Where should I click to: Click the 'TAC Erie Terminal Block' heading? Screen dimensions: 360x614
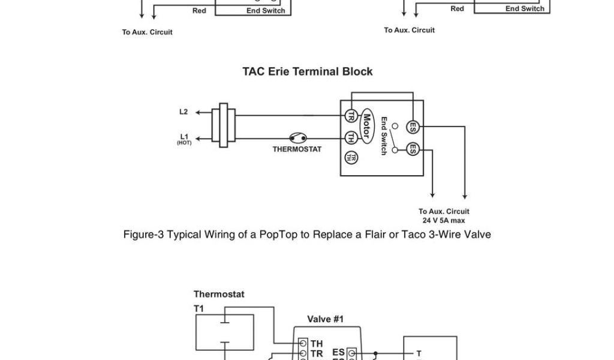click(307, 71)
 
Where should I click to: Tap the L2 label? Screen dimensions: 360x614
click(183, 112)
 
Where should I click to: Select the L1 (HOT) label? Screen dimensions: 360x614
click(183, 137)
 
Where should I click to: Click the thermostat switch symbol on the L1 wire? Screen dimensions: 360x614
click(297, 137)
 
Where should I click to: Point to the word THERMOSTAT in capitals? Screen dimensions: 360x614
click(297, 149)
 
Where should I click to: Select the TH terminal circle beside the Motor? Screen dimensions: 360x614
click(350, 138)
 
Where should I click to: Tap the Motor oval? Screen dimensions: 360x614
click(366, 127)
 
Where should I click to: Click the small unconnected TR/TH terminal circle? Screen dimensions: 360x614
click(350, 157)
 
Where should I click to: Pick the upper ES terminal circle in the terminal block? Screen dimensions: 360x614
click(413, 127)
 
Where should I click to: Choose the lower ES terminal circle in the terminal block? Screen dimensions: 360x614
click(413, 149)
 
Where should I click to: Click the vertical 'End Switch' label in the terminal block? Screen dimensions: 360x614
click(383, 136)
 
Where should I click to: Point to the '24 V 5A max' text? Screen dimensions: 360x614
click(444, 220)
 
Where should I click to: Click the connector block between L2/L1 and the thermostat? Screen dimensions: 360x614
click(225, 125)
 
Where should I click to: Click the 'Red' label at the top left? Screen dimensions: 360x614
click(200, 11)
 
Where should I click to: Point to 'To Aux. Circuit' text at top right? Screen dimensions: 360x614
click(410, 30)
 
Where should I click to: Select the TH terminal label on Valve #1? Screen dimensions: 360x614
click(316, 343)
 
